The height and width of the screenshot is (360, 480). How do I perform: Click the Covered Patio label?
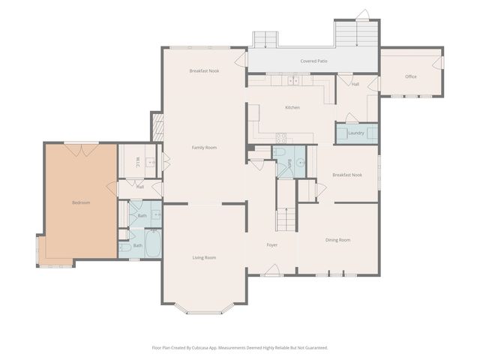click(313, 61)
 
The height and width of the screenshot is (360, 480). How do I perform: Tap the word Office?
click(411, 76)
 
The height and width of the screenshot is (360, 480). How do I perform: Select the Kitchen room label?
click(292, 107)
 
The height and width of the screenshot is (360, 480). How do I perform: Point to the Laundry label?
click(356, 133)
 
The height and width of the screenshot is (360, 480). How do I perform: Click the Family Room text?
click(204, 148)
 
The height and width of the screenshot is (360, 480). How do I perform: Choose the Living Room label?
click(204, 257)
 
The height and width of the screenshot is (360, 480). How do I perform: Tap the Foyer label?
click(272, 245)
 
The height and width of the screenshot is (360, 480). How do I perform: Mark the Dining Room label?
click(337, 240)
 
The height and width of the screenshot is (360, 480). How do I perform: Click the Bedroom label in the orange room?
click(81, 202)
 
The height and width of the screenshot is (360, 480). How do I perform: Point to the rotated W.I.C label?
click(137, 162)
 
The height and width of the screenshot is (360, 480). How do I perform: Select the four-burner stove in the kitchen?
click(281, 138)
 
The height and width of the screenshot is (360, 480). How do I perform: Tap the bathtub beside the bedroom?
click(153, 244)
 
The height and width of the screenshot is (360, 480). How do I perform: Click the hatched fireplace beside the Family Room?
click(158, 127)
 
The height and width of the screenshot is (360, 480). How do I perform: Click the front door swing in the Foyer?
click(272, 270)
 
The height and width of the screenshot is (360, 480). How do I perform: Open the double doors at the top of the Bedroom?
click(81, 150)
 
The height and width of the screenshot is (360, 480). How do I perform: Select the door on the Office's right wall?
click(438, 62)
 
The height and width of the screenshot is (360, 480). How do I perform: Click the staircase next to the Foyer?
click(286, 220)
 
